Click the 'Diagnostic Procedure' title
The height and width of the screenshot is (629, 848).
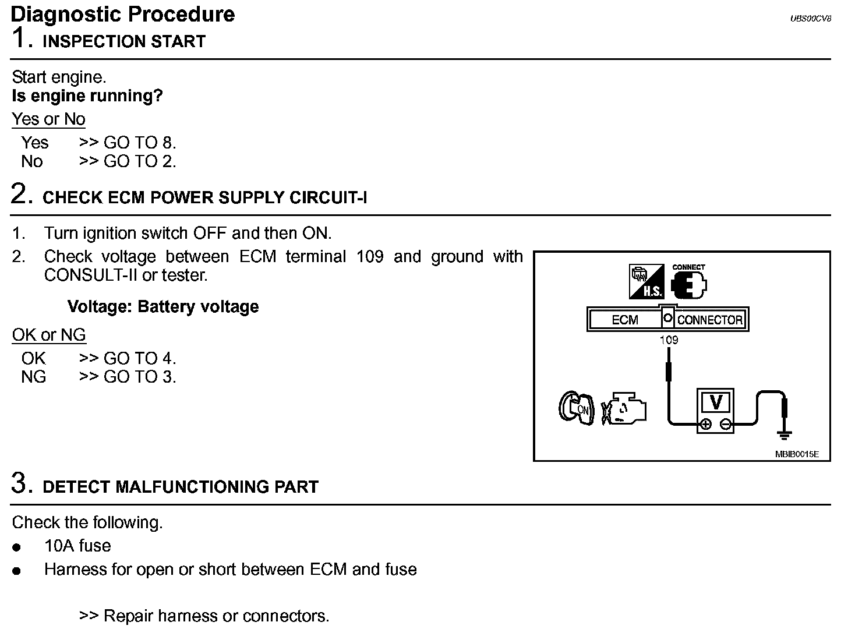click(x=123, y=14)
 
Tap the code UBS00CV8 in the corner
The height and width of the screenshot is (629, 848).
click(x=810, y=19)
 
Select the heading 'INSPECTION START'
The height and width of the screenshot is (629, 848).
click(x=124, y=42)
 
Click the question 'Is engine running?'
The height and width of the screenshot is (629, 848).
click(x=87, y=96)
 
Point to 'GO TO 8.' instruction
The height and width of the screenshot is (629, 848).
click(x=140, y=143)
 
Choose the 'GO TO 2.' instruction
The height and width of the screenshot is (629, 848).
click(x=140, y=161)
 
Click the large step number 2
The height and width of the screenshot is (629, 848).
click(x=21, y=195)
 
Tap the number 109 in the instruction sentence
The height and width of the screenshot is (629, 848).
click(x=370, y=257)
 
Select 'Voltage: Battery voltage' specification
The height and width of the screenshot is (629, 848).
click(x=163, y=307)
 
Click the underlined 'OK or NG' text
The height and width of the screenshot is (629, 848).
click(x=49, y=335)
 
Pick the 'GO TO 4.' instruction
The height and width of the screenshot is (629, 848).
click(x=140, y=358)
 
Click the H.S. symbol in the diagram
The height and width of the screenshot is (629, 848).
click(x=646, y=282)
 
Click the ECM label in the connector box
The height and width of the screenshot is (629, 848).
click(x=625, y=320)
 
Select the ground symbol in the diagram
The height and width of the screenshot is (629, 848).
click(x=784, y=434)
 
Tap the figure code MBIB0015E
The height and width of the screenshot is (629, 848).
click(x=797, y=454)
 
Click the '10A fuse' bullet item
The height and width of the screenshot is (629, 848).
click(x=77, y=546)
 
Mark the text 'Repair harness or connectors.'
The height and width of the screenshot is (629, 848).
click(x=216, y=616)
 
